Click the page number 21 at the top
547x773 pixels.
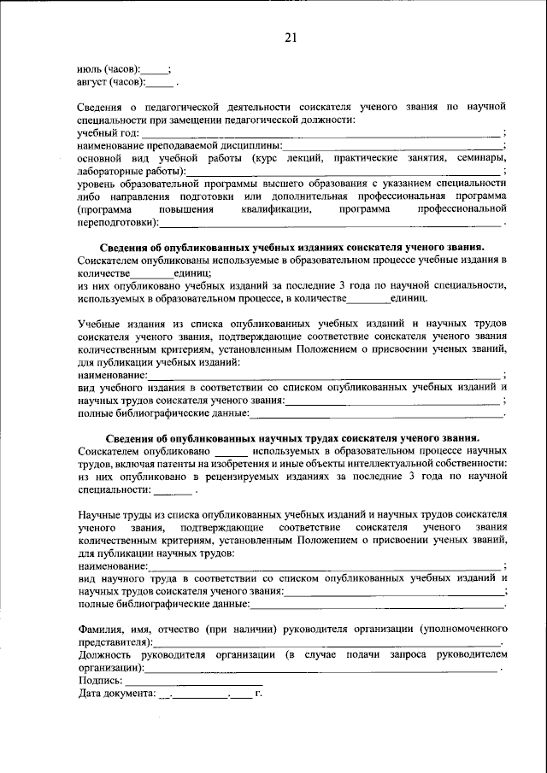pos(290,37)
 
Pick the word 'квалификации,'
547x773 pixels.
pos(273,209)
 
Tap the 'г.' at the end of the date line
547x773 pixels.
pos(258,694)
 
